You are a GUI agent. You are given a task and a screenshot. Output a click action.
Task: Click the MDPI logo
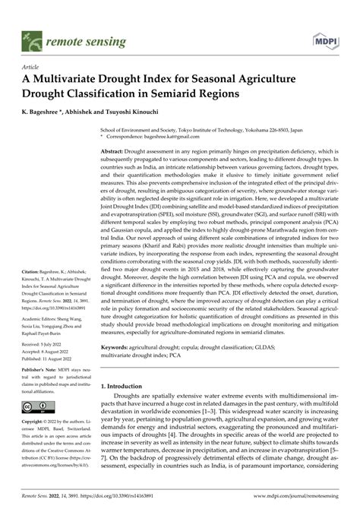click(x=326, y=38)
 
